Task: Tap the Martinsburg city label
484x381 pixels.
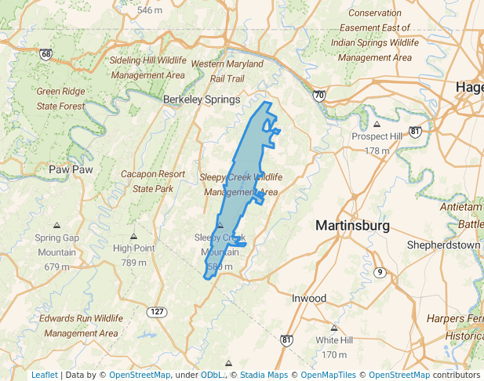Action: [352, 225]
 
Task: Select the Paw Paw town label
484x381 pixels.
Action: [71, 169]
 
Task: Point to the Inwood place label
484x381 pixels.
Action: [308, 299]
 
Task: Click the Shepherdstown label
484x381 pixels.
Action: [443, 245]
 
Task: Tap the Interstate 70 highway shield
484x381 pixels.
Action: [318, 96]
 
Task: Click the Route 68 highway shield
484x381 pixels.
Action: [46, 54]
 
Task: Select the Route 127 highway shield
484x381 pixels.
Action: [156, 312]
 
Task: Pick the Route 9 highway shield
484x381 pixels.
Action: [380, 272]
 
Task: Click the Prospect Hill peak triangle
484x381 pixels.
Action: [377, 124]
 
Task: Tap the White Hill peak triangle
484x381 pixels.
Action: [334, 328]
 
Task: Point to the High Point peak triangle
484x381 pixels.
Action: [134, 236]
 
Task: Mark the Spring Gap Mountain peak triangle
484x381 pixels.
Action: [56, 225]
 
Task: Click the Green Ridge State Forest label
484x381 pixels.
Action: [60, 98]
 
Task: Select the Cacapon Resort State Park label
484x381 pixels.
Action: [153, 181]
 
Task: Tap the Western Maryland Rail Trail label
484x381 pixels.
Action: [227, 71]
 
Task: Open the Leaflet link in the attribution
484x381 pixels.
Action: [44, 375]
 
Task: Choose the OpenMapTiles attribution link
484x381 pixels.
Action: [323, 375]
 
